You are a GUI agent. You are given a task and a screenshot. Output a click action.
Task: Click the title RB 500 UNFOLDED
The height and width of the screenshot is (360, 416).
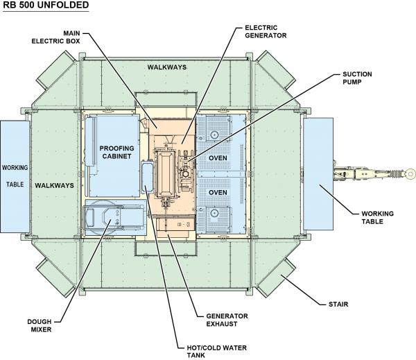coord(45,6)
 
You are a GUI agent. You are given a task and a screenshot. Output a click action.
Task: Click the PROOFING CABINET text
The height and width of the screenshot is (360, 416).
coord(116,153)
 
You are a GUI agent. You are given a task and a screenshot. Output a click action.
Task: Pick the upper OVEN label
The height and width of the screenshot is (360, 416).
coord(220,158)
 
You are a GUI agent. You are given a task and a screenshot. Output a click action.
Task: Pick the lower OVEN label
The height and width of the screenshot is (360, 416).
coord(220,193)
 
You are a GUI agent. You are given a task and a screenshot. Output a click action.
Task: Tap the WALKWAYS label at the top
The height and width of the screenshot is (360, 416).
coord(167,67)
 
